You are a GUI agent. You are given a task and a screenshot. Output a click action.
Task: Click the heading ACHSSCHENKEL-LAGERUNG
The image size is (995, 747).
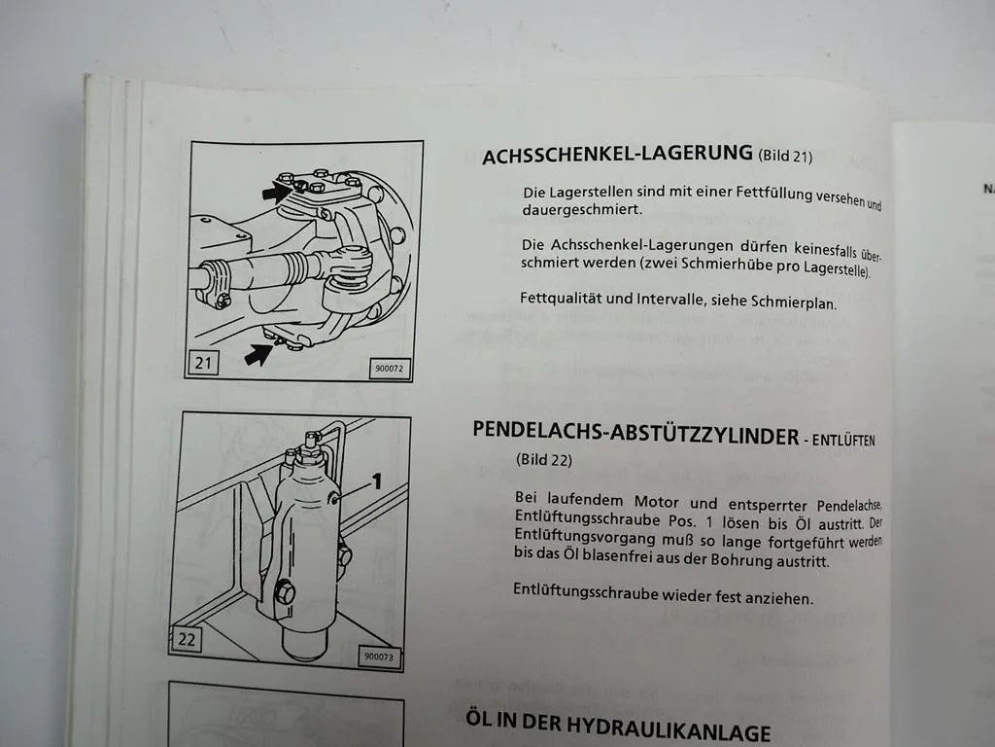pyautogui.click(x=617, y=154)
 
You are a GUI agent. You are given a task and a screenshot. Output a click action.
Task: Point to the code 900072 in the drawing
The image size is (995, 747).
pyautogui.click(x=389, y=369)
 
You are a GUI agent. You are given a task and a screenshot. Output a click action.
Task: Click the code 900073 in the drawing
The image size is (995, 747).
pyautogui.click(x=379, y=657)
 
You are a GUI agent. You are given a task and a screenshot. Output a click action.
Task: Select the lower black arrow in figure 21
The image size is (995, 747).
pyautogui.click(x=258, y=354)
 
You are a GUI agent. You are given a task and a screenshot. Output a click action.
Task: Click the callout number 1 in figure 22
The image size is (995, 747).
pyautogui.click(x=376, y=481)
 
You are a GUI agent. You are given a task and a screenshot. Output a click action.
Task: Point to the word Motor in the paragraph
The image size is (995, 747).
pyautogui.click(x=663, y=503)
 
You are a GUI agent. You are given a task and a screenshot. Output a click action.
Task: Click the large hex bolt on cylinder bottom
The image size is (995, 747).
pyautogui.click(x=284, y=591)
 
